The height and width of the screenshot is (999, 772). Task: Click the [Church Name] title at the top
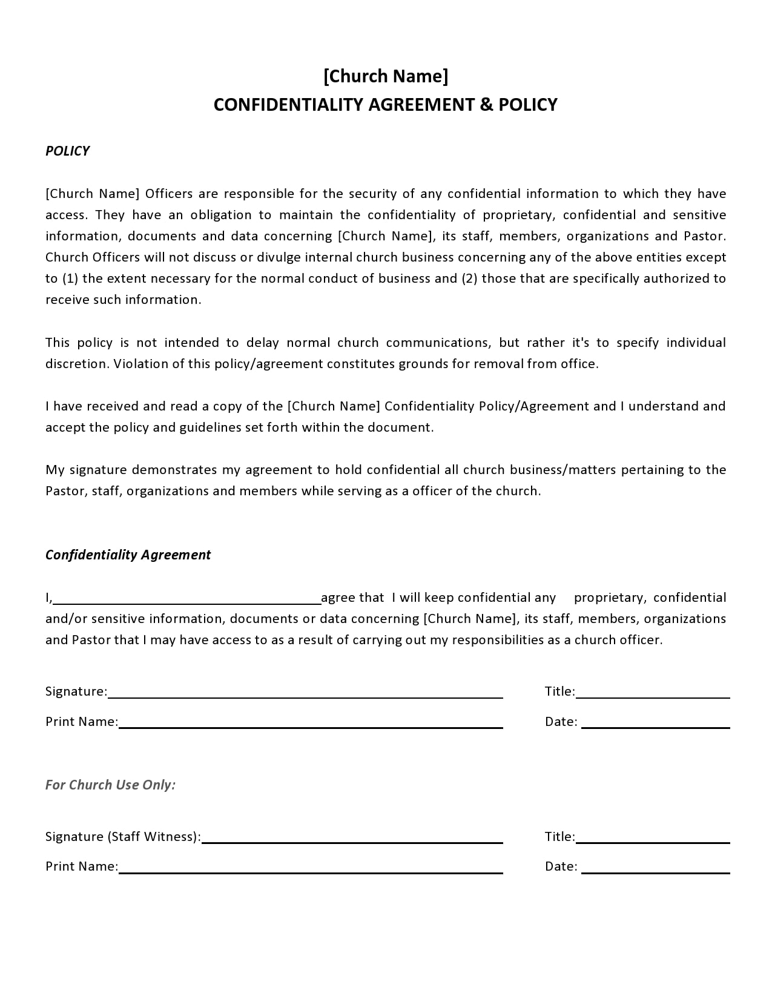tap(386, 76)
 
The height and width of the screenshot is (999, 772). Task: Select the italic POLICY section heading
tap(67, 151)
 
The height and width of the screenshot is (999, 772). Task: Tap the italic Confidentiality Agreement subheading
tap(128, 555)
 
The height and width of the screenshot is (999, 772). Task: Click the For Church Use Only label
tap(110, 785)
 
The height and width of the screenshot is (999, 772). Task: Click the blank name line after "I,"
tap(188, 599)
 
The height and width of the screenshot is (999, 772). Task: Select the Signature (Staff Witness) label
tap(123, 837)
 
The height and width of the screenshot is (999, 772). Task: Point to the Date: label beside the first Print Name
tap(561, 722)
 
